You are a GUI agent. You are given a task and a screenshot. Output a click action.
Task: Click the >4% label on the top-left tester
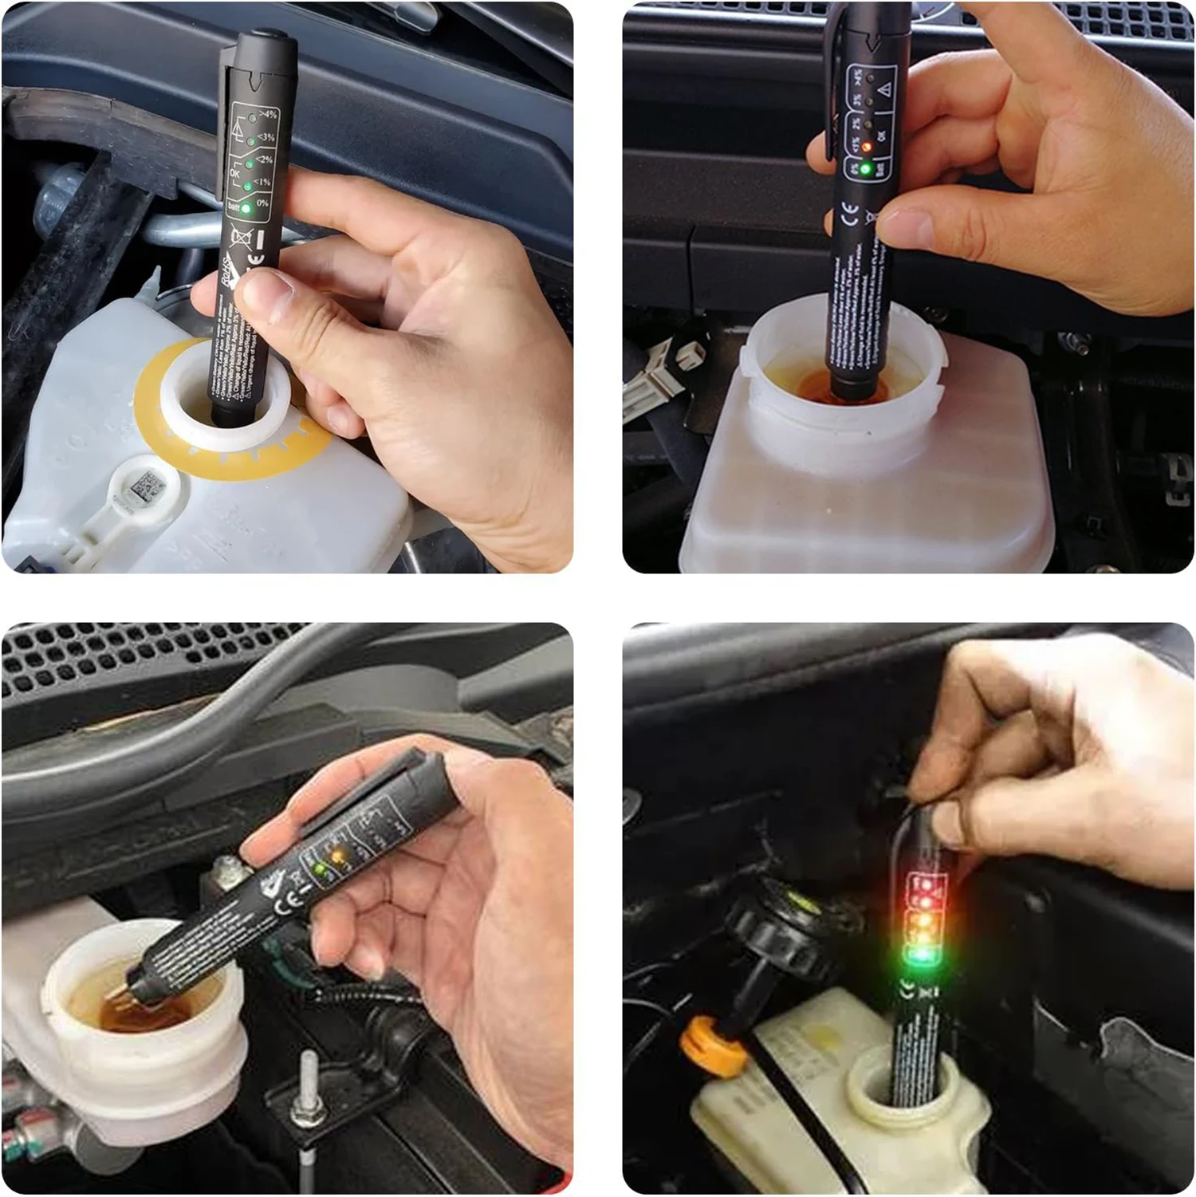267,115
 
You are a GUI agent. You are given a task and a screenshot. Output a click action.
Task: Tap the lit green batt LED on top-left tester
246,208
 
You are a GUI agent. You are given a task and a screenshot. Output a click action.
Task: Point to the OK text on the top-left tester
235,172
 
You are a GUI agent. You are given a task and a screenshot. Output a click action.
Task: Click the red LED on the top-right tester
866,148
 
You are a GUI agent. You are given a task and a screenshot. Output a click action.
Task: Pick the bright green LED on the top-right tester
866,168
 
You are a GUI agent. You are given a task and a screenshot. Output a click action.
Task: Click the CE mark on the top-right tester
851,215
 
